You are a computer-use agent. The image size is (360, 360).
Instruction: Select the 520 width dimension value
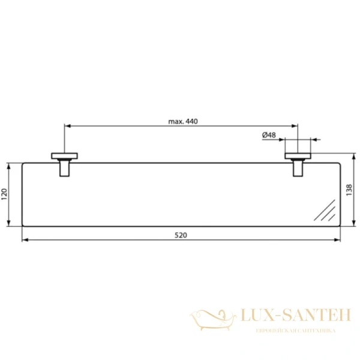coord(181,235)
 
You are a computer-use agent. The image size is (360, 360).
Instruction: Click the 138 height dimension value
coord(349,190)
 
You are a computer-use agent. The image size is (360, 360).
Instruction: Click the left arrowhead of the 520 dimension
coord(24,240)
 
